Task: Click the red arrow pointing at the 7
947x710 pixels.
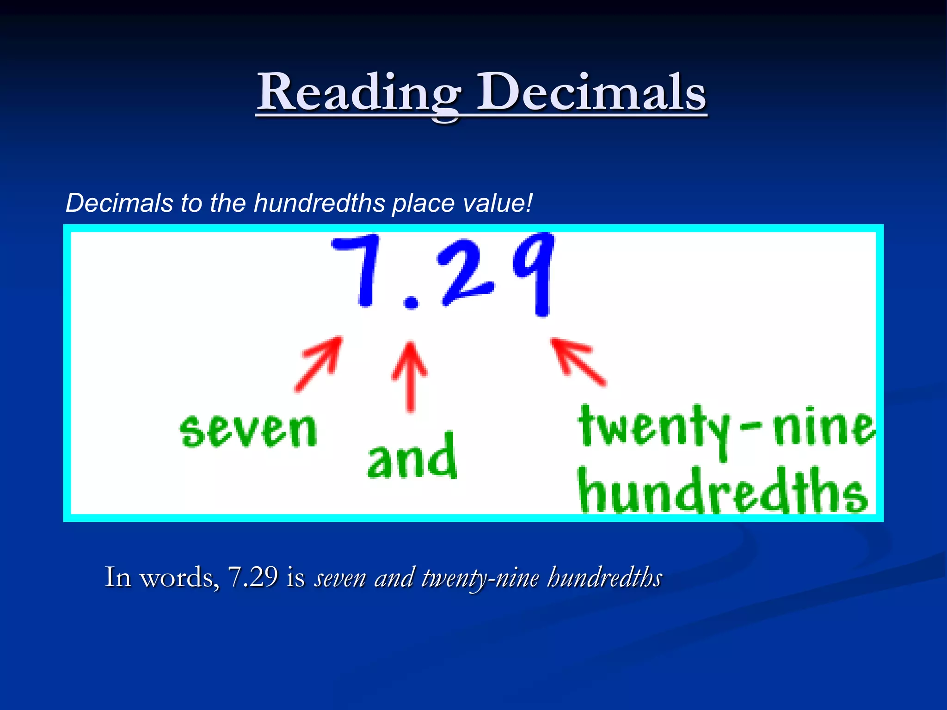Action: [320, 364]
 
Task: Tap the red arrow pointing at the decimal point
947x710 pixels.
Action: [410, 376]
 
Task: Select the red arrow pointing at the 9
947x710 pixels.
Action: [578, 361]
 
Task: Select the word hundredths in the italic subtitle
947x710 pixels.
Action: [320, 203]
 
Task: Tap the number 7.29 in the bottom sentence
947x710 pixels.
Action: [252, 577]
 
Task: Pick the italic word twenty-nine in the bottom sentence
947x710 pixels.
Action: [480, 578]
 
